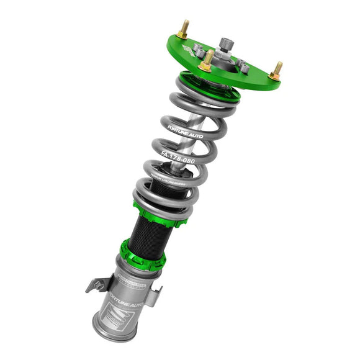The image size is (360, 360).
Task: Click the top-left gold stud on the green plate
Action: (x=183, y=29)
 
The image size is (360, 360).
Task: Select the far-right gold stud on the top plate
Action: (x=276, y=70)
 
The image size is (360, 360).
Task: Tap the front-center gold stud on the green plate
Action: (x=207, y=61)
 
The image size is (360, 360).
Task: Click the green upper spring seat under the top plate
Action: (x=208, y=87)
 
